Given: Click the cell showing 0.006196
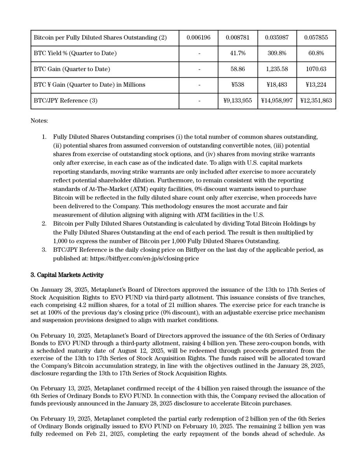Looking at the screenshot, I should pos(198,38).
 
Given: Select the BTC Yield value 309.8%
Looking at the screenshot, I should pos(277,53).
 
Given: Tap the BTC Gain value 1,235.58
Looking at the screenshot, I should pos(277,69).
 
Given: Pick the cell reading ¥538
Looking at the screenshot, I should pos(238,85).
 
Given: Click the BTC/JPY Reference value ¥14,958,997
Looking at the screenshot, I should pos(277,101).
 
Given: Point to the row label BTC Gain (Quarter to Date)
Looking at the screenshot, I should pos(72,69).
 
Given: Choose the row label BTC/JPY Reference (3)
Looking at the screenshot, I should pos(66,101).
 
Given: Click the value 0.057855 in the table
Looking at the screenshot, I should pos(316,38).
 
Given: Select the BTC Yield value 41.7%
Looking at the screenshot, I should pos(238,53).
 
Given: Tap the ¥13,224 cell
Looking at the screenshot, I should pos(316,85).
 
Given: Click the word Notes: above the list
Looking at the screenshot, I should pos(39,121).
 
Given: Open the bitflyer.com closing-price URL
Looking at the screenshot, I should pos(144,258).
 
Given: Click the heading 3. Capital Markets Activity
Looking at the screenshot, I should pos(67,275).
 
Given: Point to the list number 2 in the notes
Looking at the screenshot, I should pos(44,224).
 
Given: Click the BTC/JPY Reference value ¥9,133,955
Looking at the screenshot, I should pos(238,101).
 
